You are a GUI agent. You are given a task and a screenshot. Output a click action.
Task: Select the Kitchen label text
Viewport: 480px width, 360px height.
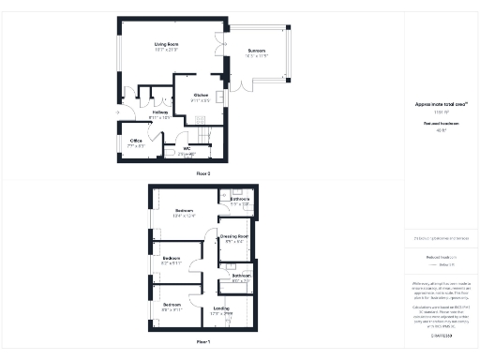click(201, 95)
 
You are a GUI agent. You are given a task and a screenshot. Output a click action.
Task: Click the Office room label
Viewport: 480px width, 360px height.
click(136, 142)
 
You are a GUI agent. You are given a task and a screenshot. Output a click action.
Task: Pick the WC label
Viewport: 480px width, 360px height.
click(187, 148)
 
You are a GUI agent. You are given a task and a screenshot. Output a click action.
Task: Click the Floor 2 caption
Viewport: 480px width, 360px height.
click(202, 174)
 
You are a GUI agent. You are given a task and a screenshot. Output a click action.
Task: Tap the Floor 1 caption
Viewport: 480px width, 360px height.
click(202, 342)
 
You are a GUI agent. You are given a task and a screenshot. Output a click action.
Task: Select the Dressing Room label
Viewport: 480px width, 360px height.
click(233, 236)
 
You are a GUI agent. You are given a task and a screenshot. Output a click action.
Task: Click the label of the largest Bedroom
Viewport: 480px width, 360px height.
click(184, 212)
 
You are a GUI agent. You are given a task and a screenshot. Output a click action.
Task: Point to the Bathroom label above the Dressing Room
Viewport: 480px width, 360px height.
click(239, 199)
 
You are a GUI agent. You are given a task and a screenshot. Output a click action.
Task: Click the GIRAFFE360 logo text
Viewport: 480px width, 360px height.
click(441, 334)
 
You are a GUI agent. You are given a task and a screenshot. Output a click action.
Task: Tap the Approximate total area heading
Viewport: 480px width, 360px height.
click(441, 104)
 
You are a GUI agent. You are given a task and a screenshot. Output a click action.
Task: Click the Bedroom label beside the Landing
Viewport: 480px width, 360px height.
click(172, 305)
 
